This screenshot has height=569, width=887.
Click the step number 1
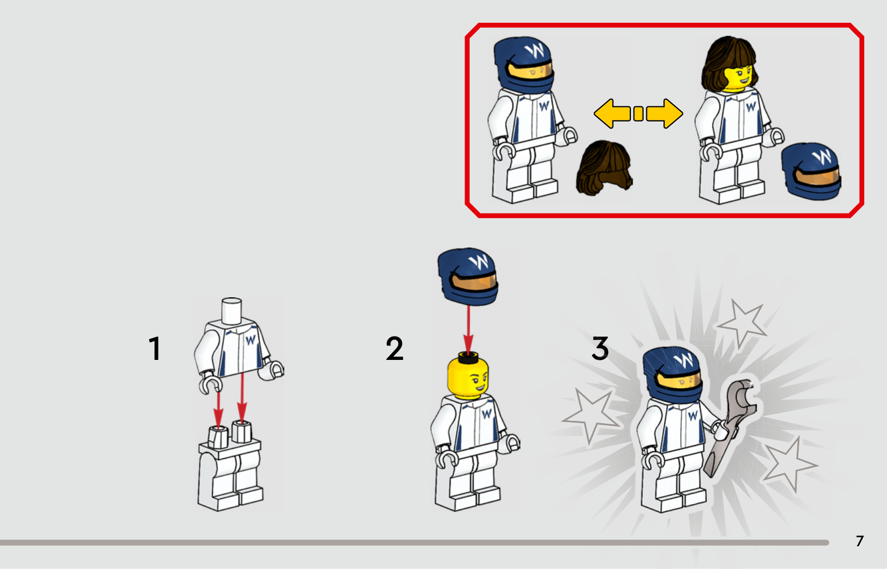click(x=155, y=349)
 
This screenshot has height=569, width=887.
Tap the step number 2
click(x=394, y=348)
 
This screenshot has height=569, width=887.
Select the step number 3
click(x=600, y=348)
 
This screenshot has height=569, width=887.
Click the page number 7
click(x=860, y=541)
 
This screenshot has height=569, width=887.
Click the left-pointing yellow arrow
click(x=612, y=113)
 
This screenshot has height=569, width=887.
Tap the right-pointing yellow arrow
click(x=665, y=113)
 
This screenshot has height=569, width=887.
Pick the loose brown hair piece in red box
click(x=604, y=168)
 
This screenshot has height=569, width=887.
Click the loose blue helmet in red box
click(x=812, y=171)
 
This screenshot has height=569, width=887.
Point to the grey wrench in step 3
click(x=730, y=428)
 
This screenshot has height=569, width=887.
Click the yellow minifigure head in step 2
click(x=468, y=374)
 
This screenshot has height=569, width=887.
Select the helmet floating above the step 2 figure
click(x=468, y=277)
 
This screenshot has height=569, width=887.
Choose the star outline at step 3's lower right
click(x=790, y=464)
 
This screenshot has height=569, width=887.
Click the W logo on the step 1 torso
click(x=250, y=340)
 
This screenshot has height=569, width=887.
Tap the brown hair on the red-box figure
click(x=728, y=63)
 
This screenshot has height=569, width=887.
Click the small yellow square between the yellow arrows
click(x=638, y=113)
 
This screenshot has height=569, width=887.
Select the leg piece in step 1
click(x=231, y=468)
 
